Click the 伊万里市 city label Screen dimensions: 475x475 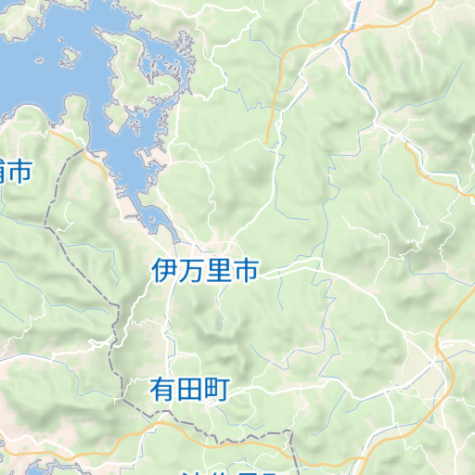point(205,271)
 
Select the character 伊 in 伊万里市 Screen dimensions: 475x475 point(165,271)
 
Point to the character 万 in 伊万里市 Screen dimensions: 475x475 point(192,271)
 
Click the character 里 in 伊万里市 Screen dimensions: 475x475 point(219,271)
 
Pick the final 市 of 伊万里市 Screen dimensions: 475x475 point(246,271)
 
